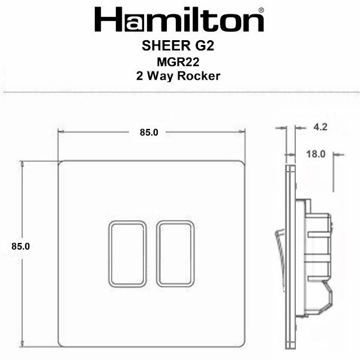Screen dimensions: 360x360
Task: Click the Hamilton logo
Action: (x=179, y=20)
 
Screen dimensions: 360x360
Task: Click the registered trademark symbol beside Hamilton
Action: (x=261, y=10)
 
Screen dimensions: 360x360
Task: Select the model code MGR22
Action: (x=178, y=62)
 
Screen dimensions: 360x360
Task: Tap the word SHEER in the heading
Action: (x=166, y=46)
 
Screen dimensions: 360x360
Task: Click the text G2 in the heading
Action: (x=205, y=46)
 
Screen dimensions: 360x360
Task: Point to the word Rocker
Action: (x=199, y=76)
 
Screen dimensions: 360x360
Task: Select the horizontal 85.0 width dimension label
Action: (x=149, y=133)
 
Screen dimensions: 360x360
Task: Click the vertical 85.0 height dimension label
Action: (x=20, y=247)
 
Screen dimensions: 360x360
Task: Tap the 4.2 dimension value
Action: (x=320, y=127)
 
